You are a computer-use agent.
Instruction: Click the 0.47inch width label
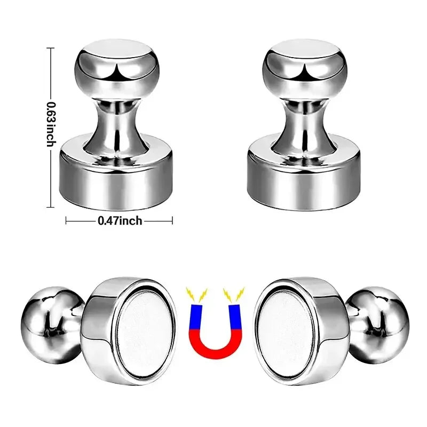coord(120,220)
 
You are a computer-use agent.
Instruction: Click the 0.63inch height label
coord(51,124)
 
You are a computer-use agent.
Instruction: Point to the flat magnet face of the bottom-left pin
coord(145,331)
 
